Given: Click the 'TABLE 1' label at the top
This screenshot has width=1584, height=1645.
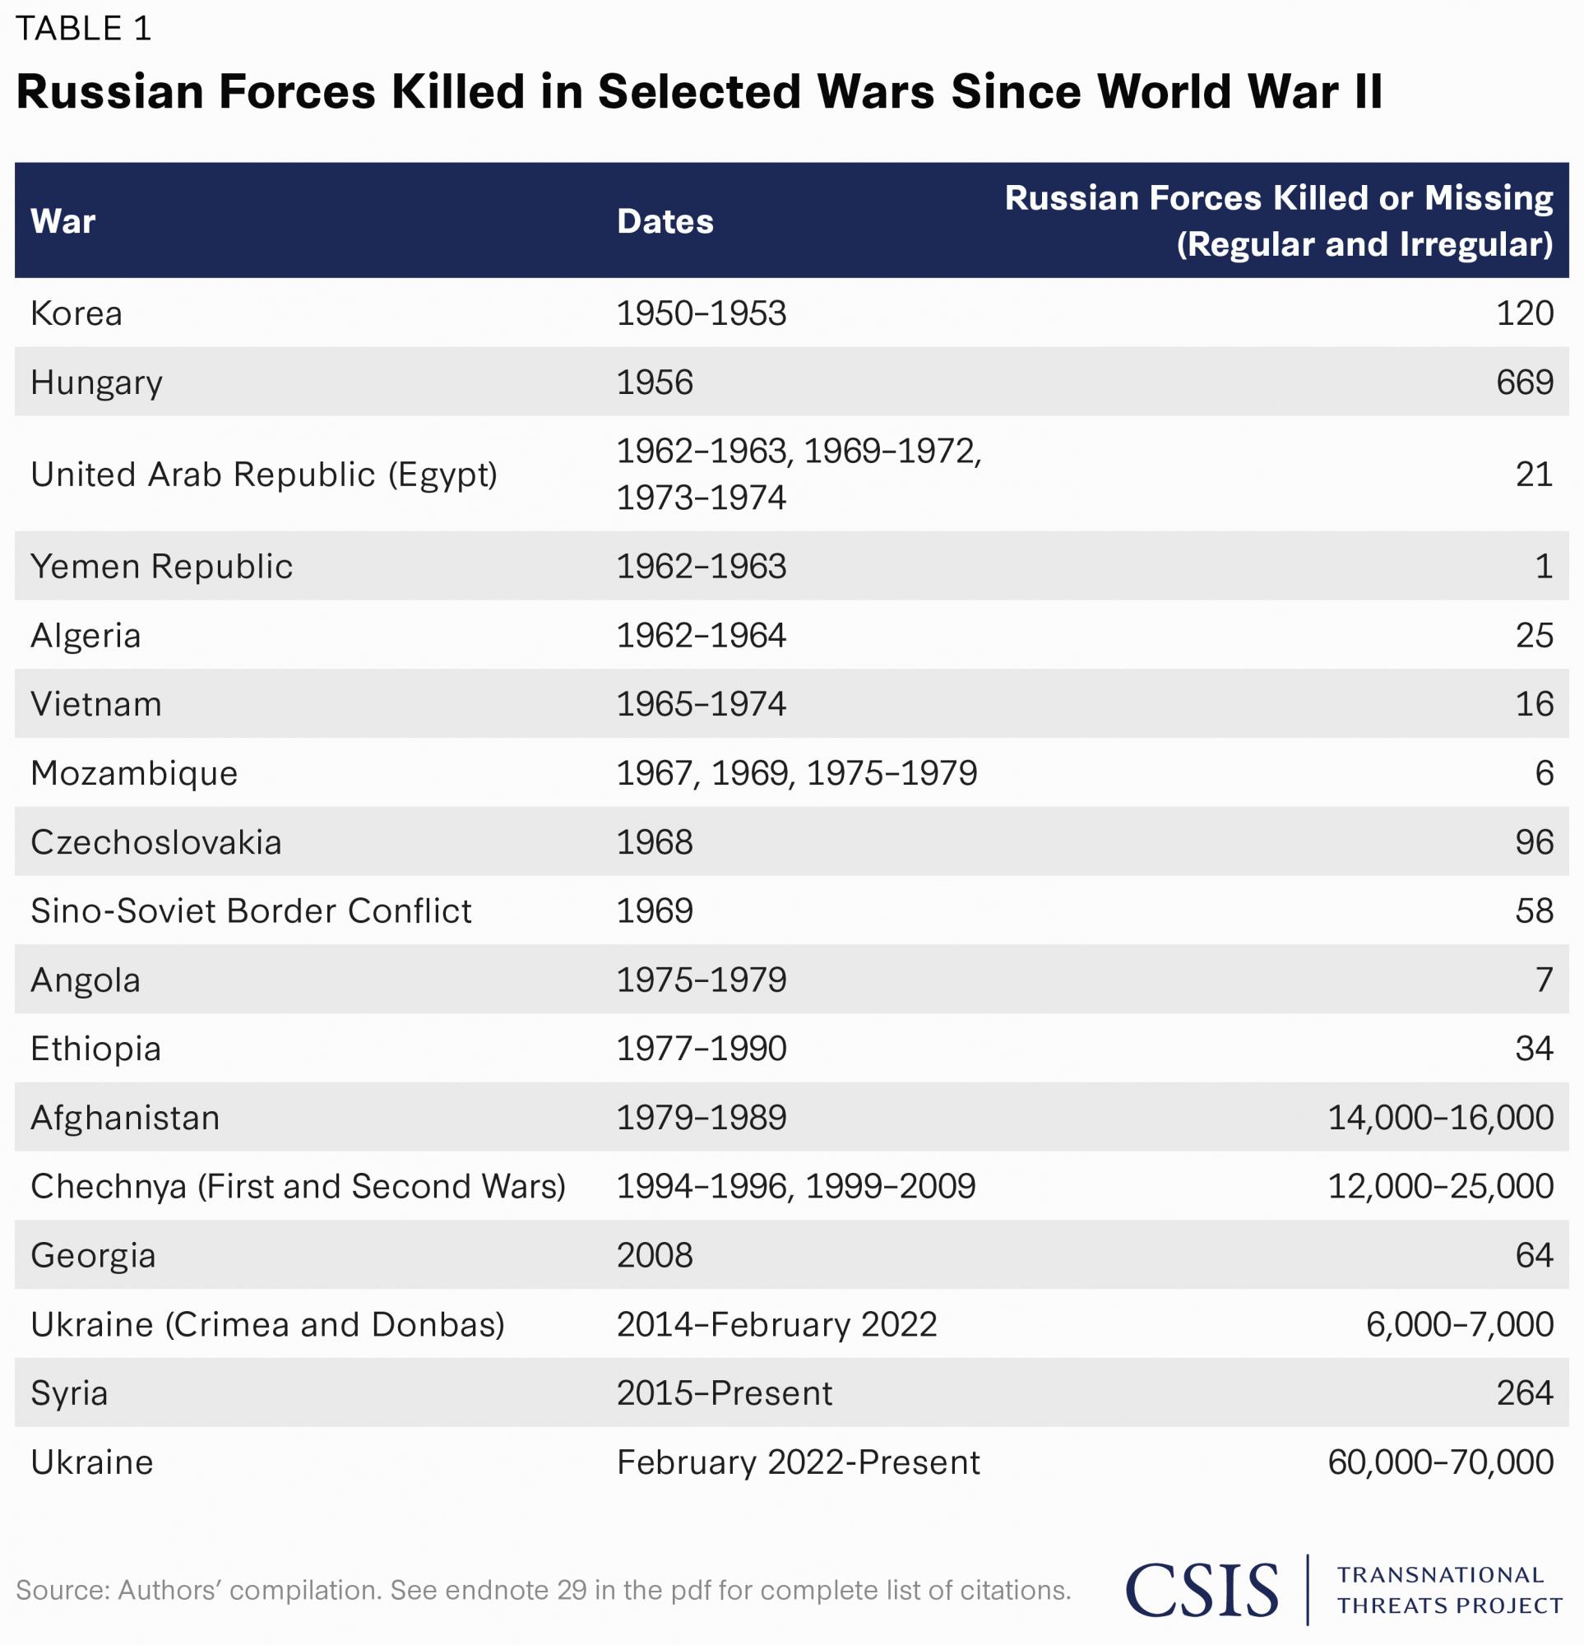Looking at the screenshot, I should click(83, 30).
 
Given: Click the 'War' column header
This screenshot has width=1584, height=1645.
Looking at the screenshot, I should click(63, 221).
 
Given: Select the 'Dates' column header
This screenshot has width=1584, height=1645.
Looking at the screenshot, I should click(665, 221).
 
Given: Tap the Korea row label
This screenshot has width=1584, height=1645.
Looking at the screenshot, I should click(76, 314).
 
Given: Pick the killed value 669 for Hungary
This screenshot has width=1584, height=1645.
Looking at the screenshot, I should click(1524, 382).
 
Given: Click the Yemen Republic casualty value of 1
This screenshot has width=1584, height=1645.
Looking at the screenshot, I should click(1543, 567).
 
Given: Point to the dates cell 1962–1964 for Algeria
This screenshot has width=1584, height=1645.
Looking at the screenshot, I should click(701, 636).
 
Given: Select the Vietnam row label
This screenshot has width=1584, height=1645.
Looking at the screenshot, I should click(95, 704).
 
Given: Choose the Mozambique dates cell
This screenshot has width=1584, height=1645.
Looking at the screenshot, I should click(797, 773).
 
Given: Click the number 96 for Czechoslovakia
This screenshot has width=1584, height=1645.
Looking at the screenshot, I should click(1534, 841).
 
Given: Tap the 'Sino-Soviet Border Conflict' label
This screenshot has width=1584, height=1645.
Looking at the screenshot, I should click(251, 911).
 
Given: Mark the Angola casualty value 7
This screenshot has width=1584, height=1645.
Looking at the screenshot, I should click(1543, 980).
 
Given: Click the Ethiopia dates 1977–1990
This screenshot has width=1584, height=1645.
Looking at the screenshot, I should click(701, 1048).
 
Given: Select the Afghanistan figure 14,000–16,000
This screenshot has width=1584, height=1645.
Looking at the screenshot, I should click(1439, 1117).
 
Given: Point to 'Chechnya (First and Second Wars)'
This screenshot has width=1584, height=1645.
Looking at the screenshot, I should click(298, 1186).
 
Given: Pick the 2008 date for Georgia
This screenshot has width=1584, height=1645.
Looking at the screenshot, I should click(655, 1256).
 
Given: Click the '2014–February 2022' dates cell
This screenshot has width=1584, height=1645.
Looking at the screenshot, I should click(776, 1324).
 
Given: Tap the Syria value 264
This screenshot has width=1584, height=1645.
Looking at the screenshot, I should click(1524, 1393).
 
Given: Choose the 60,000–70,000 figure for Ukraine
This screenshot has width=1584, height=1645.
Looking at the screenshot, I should click(1439, 1462).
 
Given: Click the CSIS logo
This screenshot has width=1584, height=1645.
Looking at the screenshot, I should click(1202, 1590).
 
